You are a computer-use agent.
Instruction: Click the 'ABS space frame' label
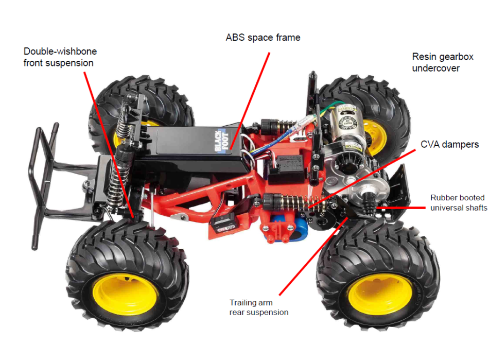click(x=263, y=38)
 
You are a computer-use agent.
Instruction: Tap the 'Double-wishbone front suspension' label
click(x=60, y=57)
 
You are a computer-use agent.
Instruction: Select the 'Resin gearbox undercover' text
click(x=443, y=62)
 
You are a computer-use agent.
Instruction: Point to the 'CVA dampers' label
click(x=449, y=144)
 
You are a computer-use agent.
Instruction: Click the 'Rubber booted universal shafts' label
click(x=459, y=203)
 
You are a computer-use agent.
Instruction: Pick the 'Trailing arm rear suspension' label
click(x=259, y=307)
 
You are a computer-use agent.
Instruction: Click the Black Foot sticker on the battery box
click(x=221, y=141)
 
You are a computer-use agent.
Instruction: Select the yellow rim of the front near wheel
click(x=125, y=295)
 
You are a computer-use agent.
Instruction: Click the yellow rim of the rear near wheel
click(x=380, y=294)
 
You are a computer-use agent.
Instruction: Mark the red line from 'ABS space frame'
click(x=250, y=101)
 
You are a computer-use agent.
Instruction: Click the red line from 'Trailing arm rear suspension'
click(x=314, y=256)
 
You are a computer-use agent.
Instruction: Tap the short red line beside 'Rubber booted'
click(x=401, y=208)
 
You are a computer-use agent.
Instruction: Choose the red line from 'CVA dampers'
click(x=362, y=179)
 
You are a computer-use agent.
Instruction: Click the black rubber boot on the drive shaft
click(x=369, y=202)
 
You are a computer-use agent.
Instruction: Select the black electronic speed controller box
click(x=285, y=168)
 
